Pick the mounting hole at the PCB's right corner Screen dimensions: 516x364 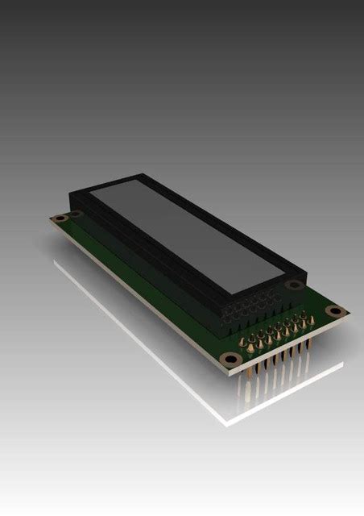[338, 311]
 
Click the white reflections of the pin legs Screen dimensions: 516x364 [266, 395]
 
